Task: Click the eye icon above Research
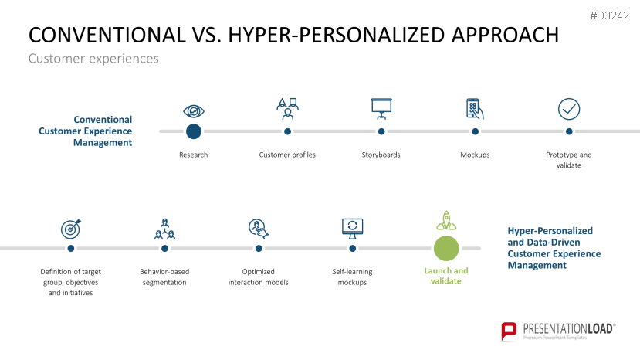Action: pos(194,111)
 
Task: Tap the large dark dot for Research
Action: pos(194,131)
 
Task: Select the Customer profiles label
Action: pos(287,155)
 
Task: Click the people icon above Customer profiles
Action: pos(287,109)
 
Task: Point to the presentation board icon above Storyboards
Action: pos(381,109)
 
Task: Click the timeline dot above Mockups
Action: pos(475,131)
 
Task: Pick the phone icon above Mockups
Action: pos(475,109)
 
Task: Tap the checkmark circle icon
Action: pos(569,109)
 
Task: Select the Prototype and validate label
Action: pos(568,160)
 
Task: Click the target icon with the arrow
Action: pos(71,229)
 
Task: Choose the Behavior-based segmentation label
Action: pos(164,277)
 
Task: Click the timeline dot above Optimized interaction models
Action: pos(259,249)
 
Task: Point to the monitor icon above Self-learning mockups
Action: pos(353,229)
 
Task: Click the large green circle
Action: pos(446,249)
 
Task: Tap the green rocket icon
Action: pos(446,221)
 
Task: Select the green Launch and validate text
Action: pos(446,276)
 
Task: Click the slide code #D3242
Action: pos(609,16)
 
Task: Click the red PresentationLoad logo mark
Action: pos(509,331)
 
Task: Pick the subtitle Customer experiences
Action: pos(93,59)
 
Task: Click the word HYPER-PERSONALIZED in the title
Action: pos(337,35)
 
